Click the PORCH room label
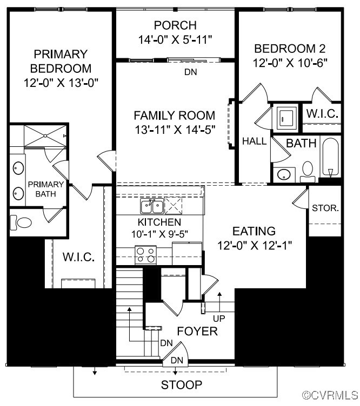coord(175,25)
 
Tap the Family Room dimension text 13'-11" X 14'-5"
coord(175,130)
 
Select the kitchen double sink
coord(152,206)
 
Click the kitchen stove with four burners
coord(145,255)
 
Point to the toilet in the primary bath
coord(21,222)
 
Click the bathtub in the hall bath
coord(330,157)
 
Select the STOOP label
coord(182,385)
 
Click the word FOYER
coord(197,331)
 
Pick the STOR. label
coord(325,208)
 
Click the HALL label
coord(254,141)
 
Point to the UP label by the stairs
coord(219,319)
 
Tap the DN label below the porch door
coord(191,72)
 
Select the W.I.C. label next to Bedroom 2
coord(322,114)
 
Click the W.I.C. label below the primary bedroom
coord(78,257)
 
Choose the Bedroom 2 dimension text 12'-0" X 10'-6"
coord(290,63)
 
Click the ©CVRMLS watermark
coord(330,395)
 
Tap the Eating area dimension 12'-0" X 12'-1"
coord(255,245)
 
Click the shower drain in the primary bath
coord(45,136)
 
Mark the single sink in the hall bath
coord(284,174)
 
